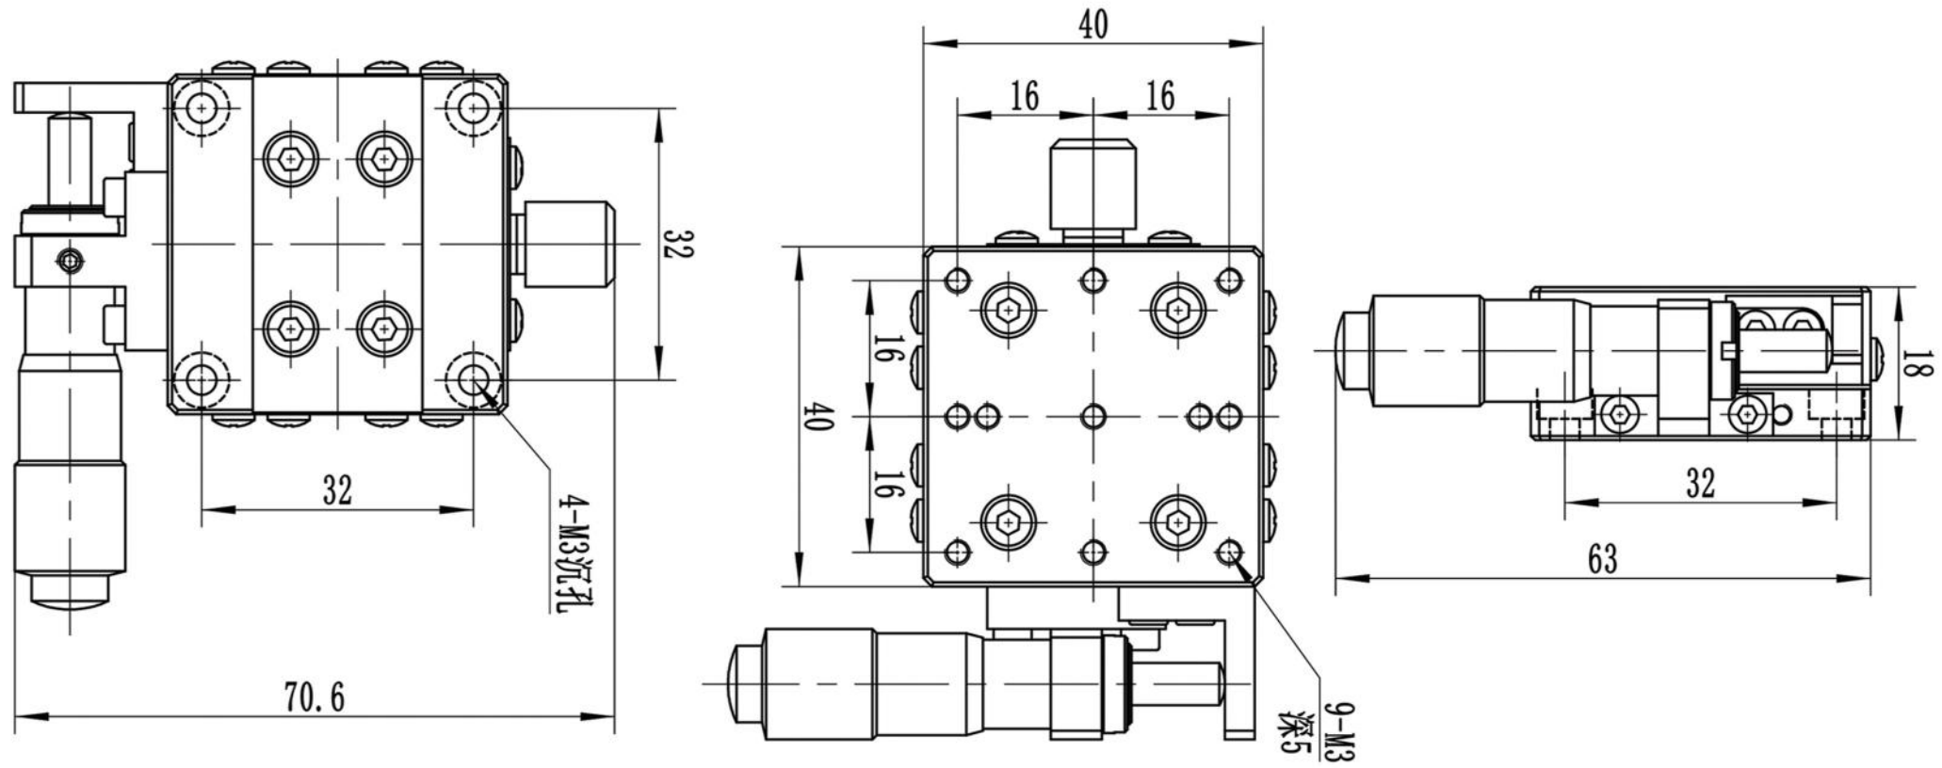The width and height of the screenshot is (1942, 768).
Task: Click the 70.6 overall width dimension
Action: coord(315,698)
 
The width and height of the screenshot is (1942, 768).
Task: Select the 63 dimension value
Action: coord(1602,559)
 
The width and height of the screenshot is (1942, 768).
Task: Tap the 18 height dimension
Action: coord(1912,363)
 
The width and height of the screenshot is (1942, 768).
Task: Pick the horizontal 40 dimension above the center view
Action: coord(1092,25)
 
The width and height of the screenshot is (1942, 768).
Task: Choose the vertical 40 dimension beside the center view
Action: coord(817,416)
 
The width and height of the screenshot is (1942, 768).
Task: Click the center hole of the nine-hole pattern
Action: coord(1093,416)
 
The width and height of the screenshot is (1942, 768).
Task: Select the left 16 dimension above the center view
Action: coord(1024,96)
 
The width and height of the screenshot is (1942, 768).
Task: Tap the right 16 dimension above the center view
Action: coord(1160,96)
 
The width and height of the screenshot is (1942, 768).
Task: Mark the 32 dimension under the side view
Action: coord(1700,484)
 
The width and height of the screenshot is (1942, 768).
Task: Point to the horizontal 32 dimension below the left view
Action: coord(337,489)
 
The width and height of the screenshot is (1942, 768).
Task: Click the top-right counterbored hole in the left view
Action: coord(473,108)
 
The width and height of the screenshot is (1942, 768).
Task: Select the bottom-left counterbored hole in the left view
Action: coord(202,380)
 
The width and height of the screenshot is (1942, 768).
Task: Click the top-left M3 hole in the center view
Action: coord(958,280)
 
